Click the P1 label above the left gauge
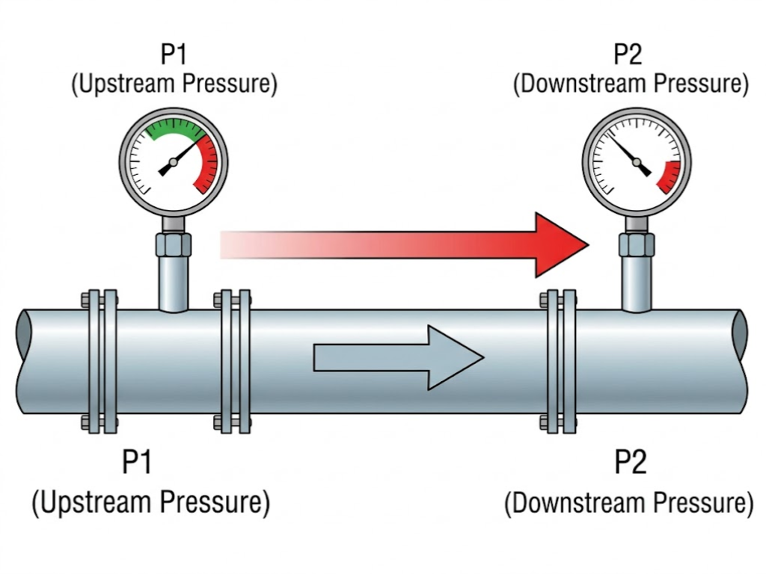174,55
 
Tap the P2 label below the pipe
630,463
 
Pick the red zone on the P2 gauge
670,176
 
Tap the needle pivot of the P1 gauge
174,162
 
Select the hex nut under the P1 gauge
174,244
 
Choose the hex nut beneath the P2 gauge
637,244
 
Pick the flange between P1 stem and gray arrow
233,361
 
